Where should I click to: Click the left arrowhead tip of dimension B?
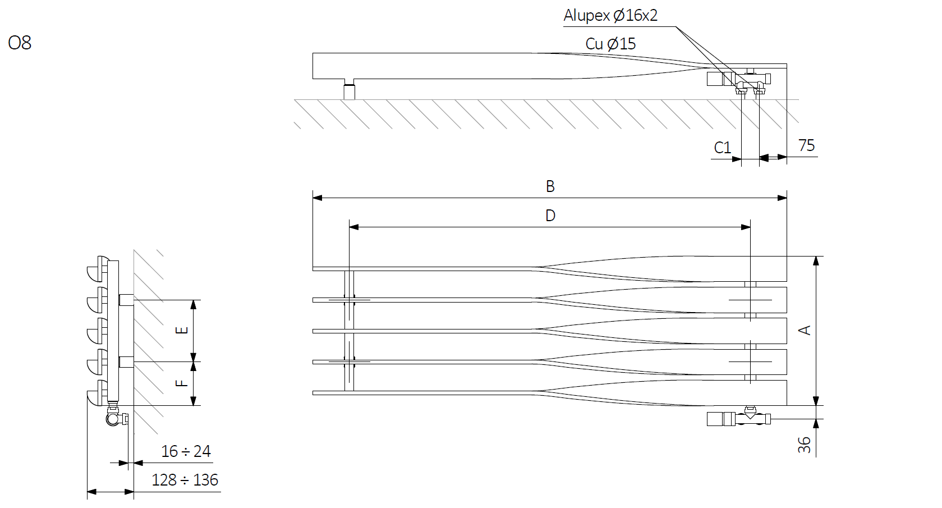tap(313, 198)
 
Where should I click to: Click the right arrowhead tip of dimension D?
tap(751, 227)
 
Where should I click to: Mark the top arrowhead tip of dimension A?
tap(816, 256)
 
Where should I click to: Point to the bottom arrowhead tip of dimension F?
tap(194, 406)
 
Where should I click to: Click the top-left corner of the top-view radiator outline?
tap(313, 53)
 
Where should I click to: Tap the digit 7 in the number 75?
tap(802, 145)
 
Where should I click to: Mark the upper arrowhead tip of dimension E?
tap(194, 300)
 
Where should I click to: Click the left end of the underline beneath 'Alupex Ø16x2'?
tap(563, 26)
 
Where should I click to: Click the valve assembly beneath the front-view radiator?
tap(739, 417)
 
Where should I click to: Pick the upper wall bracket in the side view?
tap(127, 300)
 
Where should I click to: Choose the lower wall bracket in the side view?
tap(127, 361)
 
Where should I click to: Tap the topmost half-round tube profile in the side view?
tap(98, 268)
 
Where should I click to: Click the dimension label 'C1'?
tap(723, 148)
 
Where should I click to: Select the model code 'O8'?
tap(19, 43)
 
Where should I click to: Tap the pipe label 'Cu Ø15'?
tap(610, 44)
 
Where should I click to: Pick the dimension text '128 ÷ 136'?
tap(185, 480)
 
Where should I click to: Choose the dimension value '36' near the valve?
tap(804, 445)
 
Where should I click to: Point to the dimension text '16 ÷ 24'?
tap(186, 451)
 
